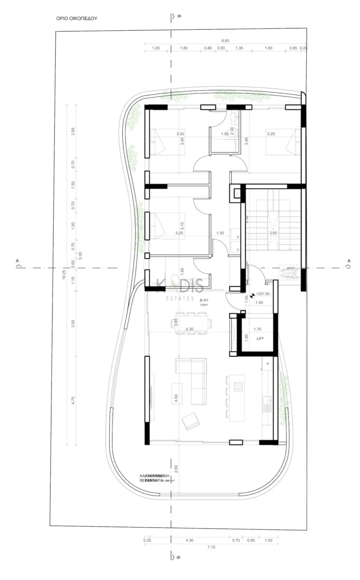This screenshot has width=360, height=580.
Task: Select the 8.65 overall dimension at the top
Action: (x=225, y=41)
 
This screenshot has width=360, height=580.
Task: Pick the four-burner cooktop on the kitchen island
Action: (x=238, y=387)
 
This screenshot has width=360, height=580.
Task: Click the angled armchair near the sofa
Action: (x=190, y=421)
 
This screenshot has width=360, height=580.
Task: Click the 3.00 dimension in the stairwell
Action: (x=272, y=233)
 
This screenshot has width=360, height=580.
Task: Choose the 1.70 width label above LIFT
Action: (x=257, y=329)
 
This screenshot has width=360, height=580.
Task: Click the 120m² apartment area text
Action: (x=204, y=305)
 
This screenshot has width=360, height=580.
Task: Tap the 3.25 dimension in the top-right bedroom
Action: (x=270, y=134)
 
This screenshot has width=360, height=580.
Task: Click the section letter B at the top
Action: (x=180, y=16)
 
